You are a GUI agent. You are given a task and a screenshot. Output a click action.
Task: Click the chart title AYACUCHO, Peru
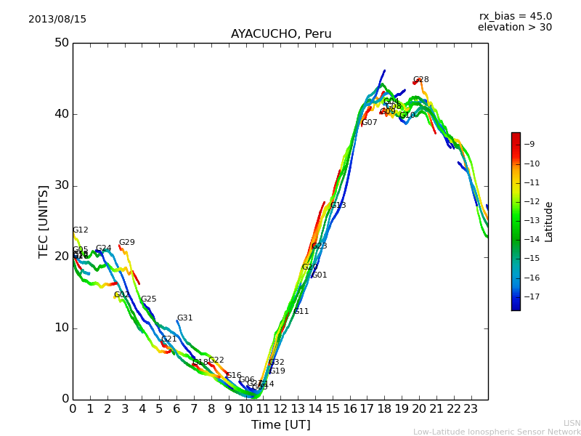(x=281, y=34)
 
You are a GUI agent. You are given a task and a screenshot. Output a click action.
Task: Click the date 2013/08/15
(x=57, y=19)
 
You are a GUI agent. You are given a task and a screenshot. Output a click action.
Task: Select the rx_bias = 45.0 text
(x=515, y=16)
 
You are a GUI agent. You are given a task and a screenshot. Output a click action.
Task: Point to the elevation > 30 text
(x=514, y=28)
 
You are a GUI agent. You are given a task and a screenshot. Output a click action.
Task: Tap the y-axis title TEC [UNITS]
(x=44, y=221)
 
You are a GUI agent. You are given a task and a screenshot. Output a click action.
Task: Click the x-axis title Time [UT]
(x=280, y=425)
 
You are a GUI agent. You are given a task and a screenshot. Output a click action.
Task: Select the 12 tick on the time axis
(x=280, y=408)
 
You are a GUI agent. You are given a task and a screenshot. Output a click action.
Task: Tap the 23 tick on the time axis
(x=471, y=408)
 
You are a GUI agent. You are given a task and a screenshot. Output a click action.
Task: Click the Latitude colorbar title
(x=549, y=222)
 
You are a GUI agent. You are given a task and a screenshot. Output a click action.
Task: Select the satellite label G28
(x=421, y=80)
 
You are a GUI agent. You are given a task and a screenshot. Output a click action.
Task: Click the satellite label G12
(x=80, y=230)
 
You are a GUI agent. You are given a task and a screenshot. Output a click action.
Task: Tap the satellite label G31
(x=185, y=318)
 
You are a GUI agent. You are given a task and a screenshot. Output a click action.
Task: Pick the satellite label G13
(x=338, y=206)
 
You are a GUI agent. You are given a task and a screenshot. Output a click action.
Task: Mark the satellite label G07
(x=370, y=123)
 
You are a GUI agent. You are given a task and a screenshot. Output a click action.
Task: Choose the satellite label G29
(x=127, y=243)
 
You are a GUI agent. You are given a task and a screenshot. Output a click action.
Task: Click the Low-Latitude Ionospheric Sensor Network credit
(x=497, y=432)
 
